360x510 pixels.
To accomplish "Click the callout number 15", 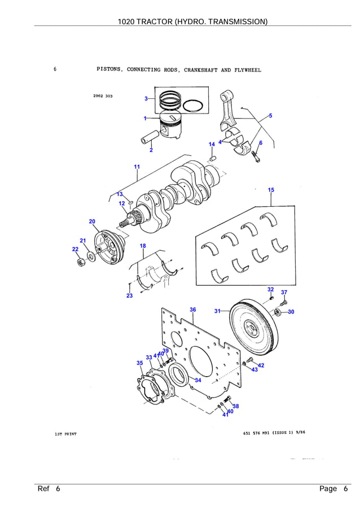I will point(271,190).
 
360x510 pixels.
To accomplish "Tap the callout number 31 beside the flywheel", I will point(218,311).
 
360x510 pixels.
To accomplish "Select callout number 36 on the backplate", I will point(193,310).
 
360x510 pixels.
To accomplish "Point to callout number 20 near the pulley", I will point(92,221).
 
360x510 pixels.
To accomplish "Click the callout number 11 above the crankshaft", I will point(137,167).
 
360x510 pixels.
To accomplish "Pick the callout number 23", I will point(129,296).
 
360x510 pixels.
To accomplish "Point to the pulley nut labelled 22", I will point(81,261).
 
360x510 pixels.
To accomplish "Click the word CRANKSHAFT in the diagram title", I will point(201,71).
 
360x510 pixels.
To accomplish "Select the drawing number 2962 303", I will point(103,96).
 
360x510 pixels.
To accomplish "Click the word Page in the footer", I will point(328,489).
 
